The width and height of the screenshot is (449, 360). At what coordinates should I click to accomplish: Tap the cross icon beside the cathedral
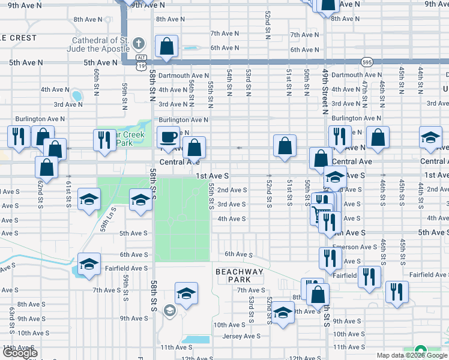point(139,44)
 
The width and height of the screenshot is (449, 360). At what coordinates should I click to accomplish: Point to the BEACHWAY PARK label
point(240,275)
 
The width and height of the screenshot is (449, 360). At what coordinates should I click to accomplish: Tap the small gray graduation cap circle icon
point(169,310)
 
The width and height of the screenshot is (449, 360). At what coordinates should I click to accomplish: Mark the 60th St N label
point(96,82)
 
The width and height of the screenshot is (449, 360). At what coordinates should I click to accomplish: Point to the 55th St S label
point(211,196)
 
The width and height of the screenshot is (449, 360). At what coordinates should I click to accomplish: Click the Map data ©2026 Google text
point(411,355)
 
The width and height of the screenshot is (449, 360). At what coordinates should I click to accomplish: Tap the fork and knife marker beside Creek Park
point(104,140)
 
